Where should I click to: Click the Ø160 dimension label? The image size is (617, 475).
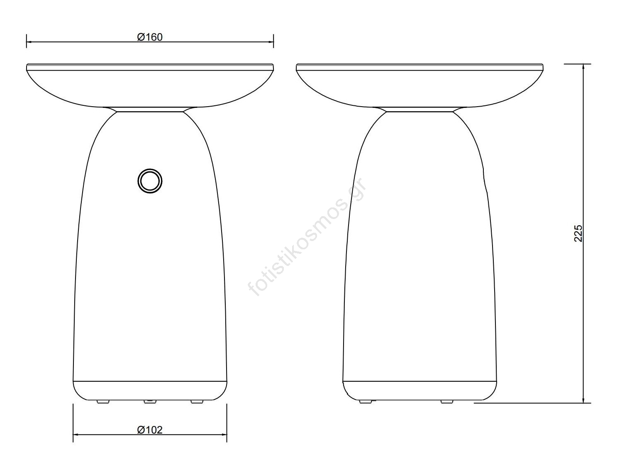tap(150, 37)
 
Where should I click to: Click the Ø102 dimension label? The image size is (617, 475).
tap(150, 430)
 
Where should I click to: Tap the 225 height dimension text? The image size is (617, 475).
tap(578, 233)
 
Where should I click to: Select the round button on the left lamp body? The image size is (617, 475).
tap(150, 181)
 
